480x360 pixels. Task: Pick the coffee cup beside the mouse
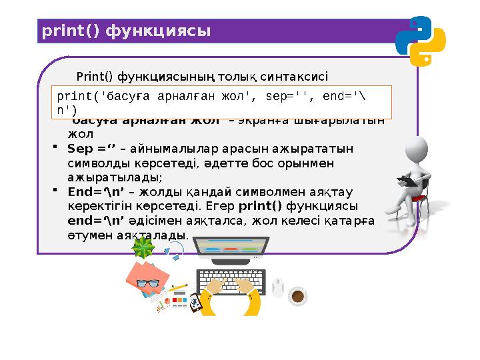(298, 294)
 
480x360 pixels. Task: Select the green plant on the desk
(143, 248)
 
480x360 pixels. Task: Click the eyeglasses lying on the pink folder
(147, 283)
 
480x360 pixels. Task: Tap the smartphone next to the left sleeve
(195, 302)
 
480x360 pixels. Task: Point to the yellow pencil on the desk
(177, 287)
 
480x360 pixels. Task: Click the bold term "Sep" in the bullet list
(79, 149)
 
